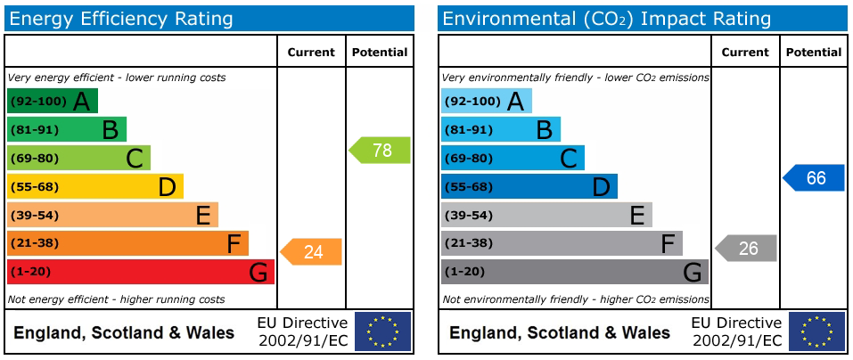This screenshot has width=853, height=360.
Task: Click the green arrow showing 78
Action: pyautogui.click(x=380, y=150)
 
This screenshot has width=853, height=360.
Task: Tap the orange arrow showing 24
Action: pyautogui.click(x=311, y=252)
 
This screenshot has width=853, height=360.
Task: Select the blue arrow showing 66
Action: pyautogui.click(x=814, y=178)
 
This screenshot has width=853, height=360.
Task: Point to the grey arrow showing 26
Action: pyautogui.click(x=745, y=249)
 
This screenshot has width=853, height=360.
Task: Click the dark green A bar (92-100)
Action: pyautogui.click(x=53, y=102)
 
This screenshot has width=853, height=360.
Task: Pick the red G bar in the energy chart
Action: pyautogui.click(x=140, y=272)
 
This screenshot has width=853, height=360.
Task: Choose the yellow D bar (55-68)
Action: pyautogui.click(x=95, y=186)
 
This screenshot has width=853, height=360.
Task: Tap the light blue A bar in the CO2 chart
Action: pyautogui.click(x=487, y=102)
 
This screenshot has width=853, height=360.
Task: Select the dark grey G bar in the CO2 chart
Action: pyautogui.click(x=575, y=272)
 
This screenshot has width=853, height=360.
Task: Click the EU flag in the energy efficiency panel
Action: pyautogui.click(x=383, y=331)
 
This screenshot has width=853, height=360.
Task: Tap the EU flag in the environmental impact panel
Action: pyautogui.click(x=817, y=331)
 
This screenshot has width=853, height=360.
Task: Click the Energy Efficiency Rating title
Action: pyautogui.click(x=121, y=20)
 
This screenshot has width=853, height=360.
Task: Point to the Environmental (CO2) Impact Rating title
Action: pyautogui.click(x=607, y=20)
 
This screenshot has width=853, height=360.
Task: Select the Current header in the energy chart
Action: pyautogui.click(x=312, y=53)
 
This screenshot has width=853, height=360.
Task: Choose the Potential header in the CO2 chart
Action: pyautogui.click(x=814, y=53)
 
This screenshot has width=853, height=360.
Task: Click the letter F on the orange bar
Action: pyautogui.click(x=234, y=243)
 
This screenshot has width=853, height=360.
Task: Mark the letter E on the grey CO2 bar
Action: pyautogui.click(x=637, y=216)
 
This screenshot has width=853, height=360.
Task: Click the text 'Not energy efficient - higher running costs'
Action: pyautogui.click(x=116, y=299)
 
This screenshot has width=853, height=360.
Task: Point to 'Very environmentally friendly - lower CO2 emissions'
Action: pyautogui.click(x=576, y=78)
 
